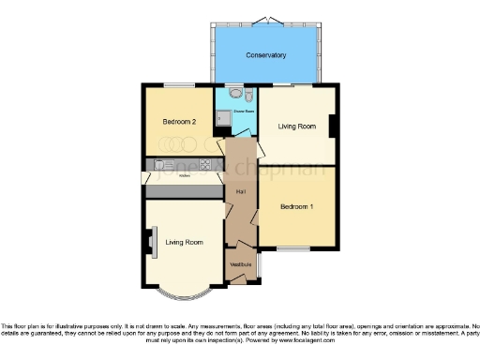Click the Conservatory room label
(265, 55)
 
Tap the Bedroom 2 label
(178, 122)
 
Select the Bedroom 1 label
(297, 205)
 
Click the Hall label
(241, 191)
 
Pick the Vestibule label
(241, 262)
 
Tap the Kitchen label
(184, 175)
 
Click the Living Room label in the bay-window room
(184, 243)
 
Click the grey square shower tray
(223, 118)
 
